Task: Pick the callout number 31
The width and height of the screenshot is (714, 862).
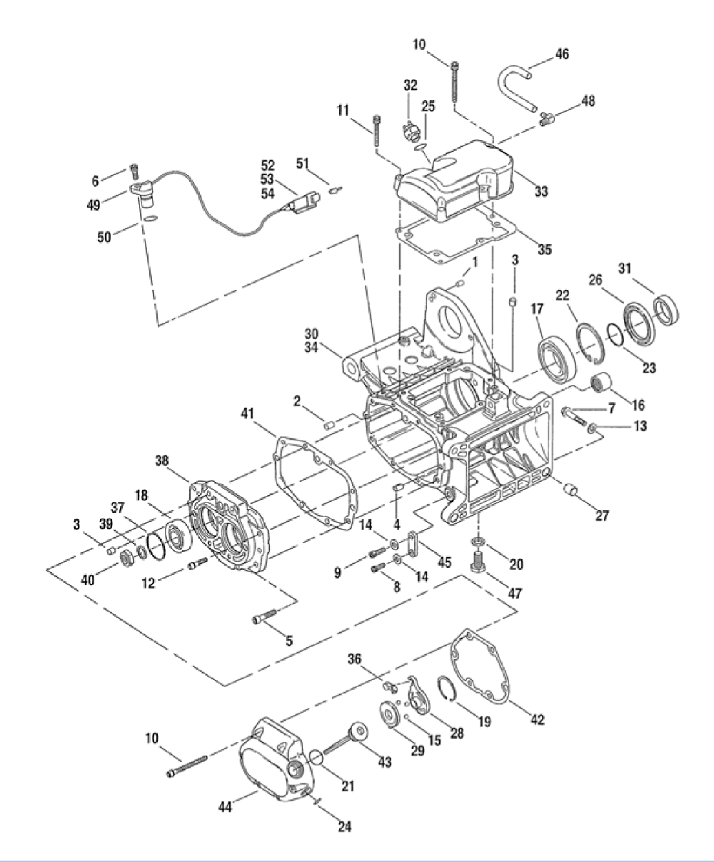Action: click(x=625, y=269)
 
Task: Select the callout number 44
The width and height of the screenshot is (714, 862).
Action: click(x=224, y=806)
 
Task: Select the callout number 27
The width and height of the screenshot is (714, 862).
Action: click(x=603, y=516)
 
